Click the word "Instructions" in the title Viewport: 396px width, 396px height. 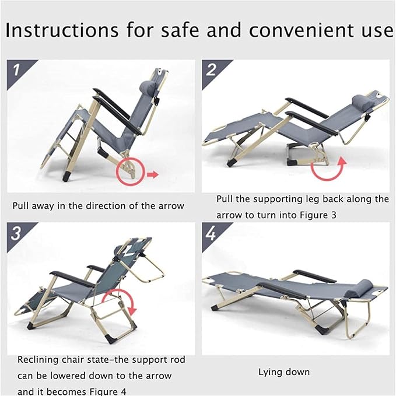click(62, 30)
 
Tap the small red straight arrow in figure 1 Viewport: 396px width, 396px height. click(153, 174)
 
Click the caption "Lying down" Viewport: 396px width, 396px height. click(284, 372)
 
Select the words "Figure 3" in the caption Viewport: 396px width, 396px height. click(318, 215)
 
